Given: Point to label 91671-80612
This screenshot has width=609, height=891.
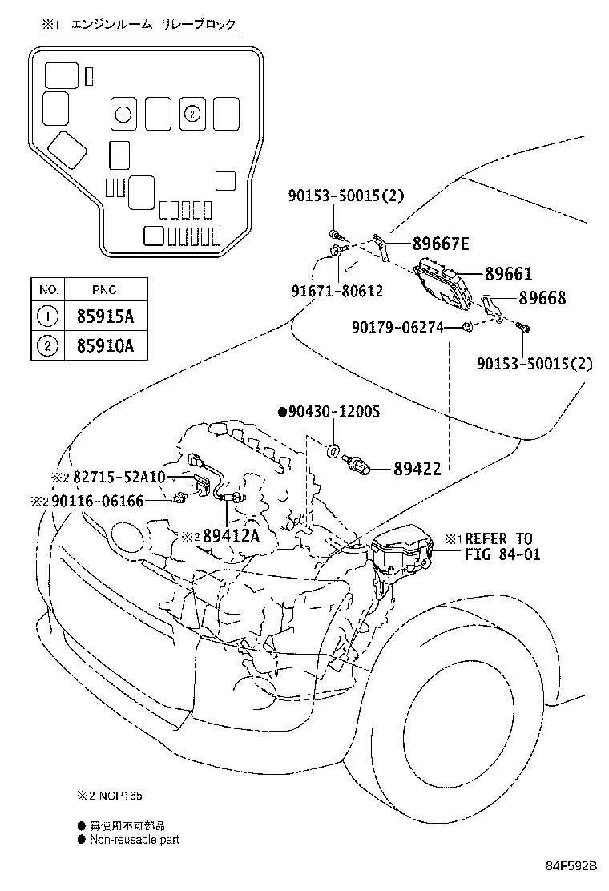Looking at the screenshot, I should (x=337, y=292).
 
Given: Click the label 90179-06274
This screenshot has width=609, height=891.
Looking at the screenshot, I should (x=397, y=326).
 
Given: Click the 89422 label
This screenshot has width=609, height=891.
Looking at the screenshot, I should (x=417, y=469).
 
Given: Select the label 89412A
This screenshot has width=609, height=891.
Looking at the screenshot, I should (x=231, y=536).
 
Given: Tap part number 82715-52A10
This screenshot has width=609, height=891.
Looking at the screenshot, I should (x=119, y=477).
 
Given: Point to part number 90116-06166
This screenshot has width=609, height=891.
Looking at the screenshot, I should (x=108, y=501).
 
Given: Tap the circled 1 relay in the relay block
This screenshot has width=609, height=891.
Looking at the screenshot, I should (x=123, y=115).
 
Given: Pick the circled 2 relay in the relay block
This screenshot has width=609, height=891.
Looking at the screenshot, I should (x=192, y=115).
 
